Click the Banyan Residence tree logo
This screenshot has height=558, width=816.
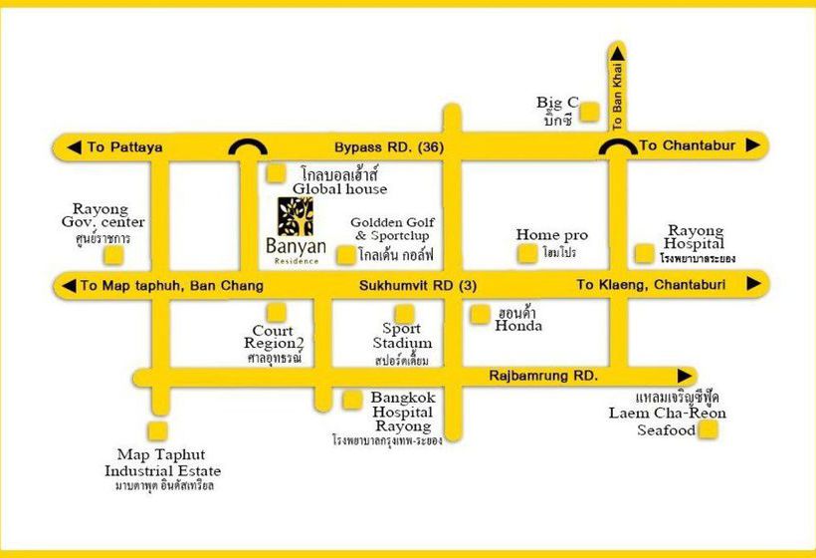[x=295, y=217]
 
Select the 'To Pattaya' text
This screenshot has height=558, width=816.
[x=124, y=147]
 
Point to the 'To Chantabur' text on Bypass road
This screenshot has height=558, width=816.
[x=687, y=145]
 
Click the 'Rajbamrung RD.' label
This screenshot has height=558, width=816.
[x=543, y=376]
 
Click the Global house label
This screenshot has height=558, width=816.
[x=339, y=180]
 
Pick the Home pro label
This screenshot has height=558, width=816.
[x=551, y=235]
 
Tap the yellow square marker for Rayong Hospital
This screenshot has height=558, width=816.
[x=645, y=253]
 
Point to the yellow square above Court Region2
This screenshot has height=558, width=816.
[x=276, y=312]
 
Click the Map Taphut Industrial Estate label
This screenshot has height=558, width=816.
[x=163, y=470]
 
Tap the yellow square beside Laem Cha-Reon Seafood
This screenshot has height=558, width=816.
[x=709, y=430]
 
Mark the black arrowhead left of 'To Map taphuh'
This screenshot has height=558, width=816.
[x=68, y=286]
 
